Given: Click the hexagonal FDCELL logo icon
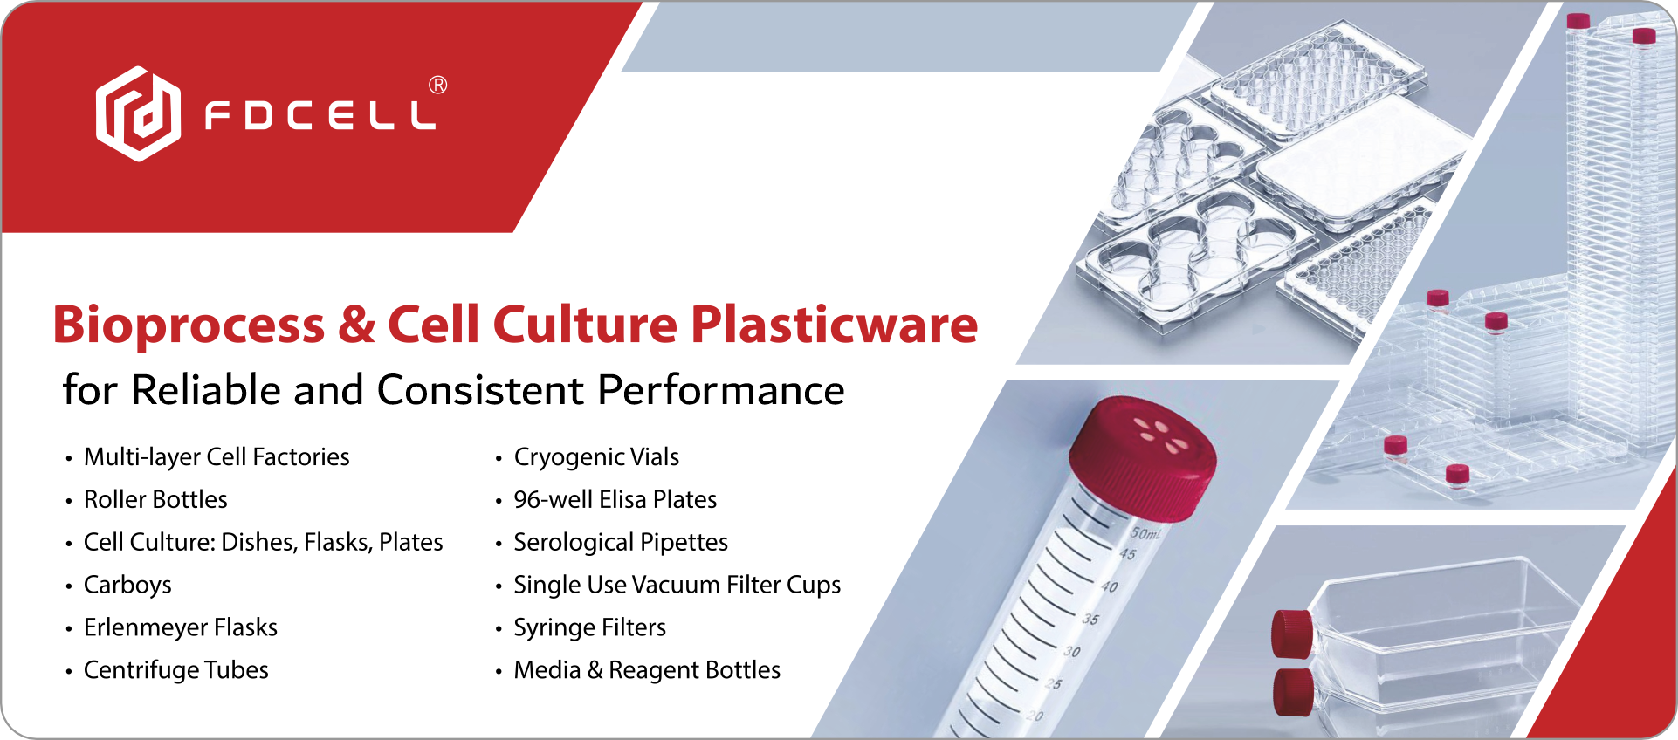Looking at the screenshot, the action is (x=138, y=113).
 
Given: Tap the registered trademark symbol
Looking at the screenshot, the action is (x=438, y=85).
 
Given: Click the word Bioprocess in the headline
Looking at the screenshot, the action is (x=189, y=325).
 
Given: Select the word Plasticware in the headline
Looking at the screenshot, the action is (x=834, y=325).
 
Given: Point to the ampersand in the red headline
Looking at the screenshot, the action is (x=356, y=325).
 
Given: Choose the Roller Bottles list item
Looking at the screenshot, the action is (x=155, y=499).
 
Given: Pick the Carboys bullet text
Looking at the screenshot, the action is (x=127, y=586).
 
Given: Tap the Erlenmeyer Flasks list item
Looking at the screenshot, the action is (x=181, y=627).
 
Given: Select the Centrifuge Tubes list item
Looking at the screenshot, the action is (x=176, y=670).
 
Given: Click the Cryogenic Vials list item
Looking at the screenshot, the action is (x=596, y=457).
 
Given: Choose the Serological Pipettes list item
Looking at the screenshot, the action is (x=621, y=542).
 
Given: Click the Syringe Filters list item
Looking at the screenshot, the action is (x=589, y=627).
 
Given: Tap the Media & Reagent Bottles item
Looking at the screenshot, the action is (x=647, y=670).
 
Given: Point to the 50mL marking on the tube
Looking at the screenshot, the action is (x=1145, y=533).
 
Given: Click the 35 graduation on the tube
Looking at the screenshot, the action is (x=1090, y=619).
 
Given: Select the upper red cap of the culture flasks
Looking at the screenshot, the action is (x=1291, y=633).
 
